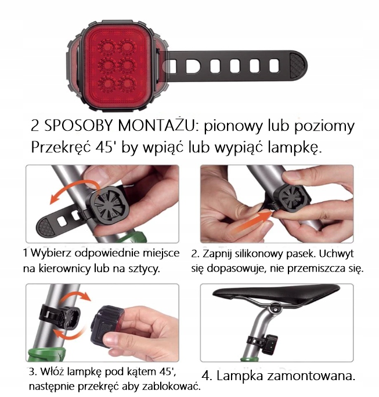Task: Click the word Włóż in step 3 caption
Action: (x=50, y=371)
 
